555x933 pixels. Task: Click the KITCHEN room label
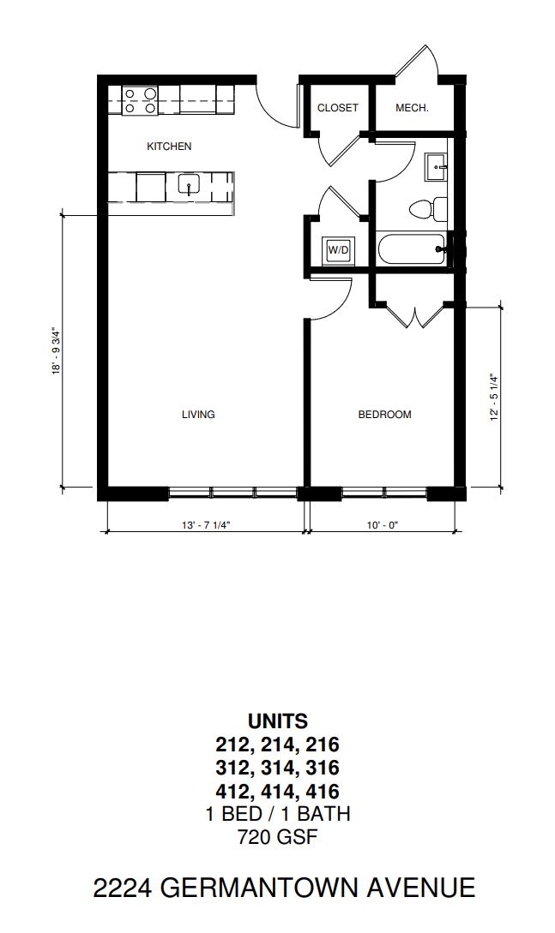169,147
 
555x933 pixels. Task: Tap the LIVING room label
198,415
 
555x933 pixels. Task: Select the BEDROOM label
384,415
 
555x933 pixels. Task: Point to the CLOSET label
338,108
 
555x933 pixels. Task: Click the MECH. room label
412,108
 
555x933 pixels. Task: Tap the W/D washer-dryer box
338,250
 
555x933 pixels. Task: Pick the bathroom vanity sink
437,166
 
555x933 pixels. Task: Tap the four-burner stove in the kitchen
141,100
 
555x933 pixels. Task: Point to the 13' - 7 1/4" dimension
206,525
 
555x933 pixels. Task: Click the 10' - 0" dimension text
383,525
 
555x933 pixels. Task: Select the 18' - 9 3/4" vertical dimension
57,350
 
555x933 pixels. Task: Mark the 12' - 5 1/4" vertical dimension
493,398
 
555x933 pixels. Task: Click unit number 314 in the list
278,768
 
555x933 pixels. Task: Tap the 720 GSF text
278,837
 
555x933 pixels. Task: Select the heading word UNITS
278,721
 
